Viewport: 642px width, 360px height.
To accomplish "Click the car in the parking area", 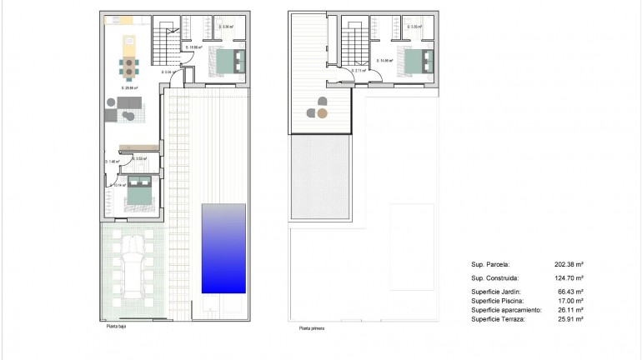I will point(132,271).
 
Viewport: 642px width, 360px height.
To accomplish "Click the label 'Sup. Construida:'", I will point(495,278).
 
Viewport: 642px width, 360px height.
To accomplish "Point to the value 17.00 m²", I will point(569,301).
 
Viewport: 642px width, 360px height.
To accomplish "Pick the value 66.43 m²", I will point(569,292).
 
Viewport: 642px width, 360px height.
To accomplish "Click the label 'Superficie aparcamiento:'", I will point(506,310).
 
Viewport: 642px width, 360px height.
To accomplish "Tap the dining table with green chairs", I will point(128,66).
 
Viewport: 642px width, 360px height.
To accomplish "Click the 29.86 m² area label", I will point(129,87).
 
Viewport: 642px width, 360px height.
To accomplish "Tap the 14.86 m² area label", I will point(384,61).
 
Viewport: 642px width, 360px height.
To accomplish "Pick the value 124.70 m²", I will point(569,278).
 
